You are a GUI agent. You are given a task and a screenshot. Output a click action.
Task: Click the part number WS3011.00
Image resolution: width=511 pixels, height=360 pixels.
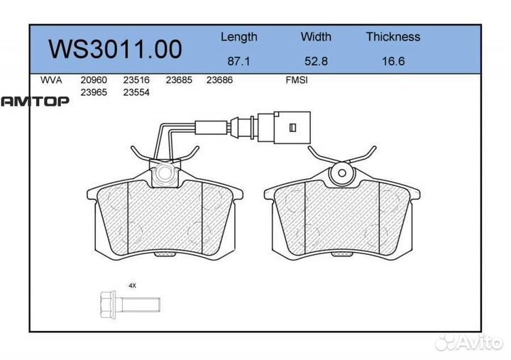(x=115, y=49)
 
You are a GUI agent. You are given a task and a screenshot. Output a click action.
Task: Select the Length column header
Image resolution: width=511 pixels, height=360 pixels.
(x=238, y=37)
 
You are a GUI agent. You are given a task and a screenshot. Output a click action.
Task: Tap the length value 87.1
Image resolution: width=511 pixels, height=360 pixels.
(x=238, y=61)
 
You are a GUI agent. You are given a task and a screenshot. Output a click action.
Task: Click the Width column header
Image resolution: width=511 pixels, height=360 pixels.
(x=316, y=37)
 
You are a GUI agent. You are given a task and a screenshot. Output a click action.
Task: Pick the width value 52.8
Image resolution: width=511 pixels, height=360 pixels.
(x=316, y=61)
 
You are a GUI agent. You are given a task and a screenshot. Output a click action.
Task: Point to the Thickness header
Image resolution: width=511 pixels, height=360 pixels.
(x=392, y=37)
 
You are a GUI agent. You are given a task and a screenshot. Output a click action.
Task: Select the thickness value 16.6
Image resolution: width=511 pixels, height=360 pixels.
(x=392, y=61)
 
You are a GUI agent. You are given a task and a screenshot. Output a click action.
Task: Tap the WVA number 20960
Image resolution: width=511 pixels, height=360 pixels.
(x=94, y=81)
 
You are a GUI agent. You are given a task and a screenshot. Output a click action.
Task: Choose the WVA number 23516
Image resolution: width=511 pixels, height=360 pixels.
(x=137, y=81)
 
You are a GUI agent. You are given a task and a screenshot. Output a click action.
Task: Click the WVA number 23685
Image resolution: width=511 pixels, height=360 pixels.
(x=179, y=81)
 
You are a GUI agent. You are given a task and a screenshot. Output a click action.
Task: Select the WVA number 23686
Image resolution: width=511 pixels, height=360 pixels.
(x=219, y=81)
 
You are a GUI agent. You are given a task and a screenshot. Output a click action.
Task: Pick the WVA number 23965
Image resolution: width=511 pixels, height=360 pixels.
(x=94, y=92)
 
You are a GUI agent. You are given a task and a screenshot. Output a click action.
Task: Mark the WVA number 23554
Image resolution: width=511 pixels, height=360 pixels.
(x=137, y=92)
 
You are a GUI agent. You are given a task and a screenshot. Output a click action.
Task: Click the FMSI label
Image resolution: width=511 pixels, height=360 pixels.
(x=296, y=81)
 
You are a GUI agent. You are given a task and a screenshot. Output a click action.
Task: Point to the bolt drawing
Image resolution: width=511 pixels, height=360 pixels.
(x=128, y=304)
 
